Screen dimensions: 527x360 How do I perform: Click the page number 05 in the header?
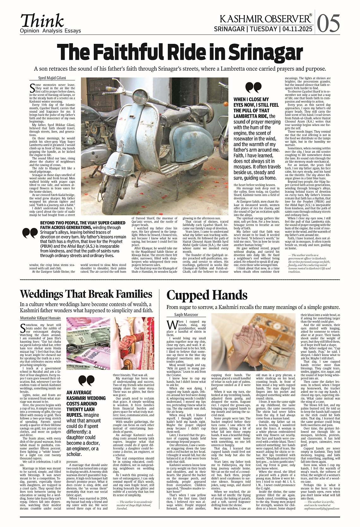point(329,23)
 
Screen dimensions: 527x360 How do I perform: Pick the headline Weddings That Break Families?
point(86,294)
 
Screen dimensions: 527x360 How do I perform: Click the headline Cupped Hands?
point(207,295)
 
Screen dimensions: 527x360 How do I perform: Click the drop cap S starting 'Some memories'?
point(32,88)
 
